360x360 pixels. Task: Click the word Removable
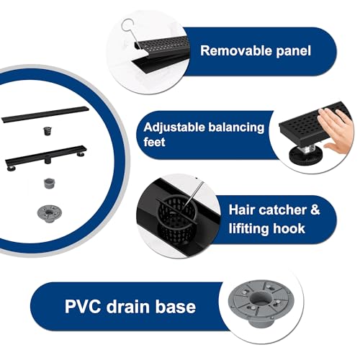tap(235, 50)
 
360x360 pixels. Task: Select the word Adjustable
tap(174, 128)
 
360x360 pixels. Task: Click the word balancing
tap(236, 128)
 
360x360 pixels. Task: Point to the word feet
tap(154, 142)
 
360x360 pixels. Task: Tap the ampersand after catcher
tap(315, 210)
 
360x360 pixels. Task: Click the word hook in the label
tap(289, 228)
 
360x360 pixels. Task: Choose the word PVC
tap(83, 306)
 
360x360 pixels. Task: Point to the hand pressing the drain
tap(336, 129)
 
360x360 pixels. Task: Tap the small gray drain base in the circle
tap(49, 213)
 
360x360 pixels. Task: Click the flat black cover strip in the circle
tap(45, 114)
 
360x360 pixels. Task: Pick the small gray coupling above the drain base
tap(50, 183)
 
